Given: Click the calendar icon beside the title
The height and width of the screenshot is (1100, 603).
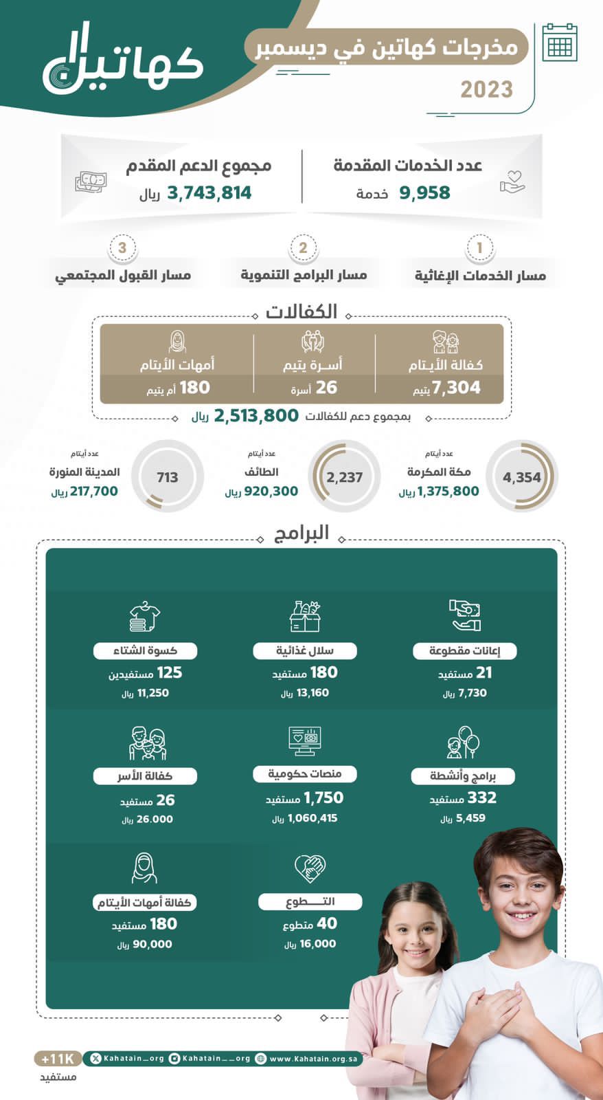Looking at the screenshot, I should [x=559, y=43].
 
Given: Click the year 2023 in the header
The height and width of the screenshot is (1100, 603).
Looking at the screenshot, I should [x=486, y=89].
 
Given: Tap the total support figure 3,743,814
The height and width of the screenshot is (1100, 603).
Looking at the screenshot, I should [x=209, y=193].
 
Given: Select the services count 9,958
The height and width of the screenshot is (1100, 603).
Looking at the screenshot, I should [x=424, y=193].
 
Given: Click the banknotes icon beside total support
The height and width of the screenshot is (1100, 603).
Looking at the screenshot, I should [x=91, y=182].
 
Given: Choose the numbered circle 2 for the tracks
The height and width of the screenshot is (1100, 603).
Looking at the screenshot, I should [x=303, y=248].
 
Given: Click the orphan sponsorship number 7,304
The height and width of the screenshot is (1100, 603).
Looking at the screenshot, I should [x=456, y=388].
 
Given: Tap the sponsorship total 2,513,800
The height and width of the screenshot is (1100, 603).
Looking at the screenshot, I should [x=256, y=416].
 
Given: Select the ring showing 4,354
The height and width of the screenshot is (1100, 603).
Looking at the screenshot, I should [x=521, y=477].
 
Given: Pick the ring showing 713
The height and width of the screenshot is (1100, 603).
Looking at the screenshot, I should [x=167, y=477].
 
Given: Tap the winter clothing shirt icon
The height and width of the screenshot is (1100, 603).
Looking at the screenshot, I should [x=145, y=616].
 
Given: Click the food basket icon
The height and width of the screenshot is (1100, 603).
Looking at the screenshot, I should [x=305, y=616].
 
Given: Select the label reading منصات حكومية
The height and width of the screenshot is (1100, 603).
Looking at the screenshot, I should [x=304, y=774].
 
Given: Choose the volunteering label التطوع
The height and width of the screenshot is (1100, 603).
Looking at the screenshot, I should [x=310, y=901].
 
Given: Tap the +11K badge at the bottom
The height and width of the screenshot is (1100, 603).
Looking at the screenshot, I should [x=58, y=1059].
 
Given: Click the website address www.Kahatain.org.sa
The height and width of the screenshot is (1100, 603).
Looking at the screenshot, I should [x=313, y=1059].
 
